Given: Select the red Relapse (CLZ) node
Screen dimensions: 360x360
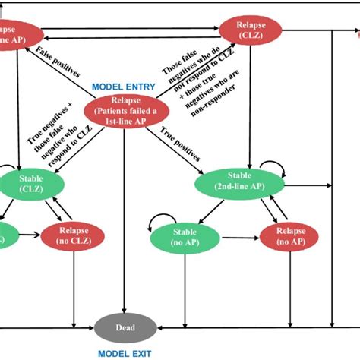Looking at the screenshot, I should [251, 30].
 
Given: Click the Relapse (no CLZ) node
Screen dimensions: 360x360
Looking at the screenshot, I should [74, 237].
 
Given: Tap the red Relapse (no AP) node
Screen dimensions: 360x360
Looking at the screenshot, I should [288, 237].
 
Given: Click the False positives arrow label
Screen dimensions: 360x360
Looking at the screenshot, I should [56, 62].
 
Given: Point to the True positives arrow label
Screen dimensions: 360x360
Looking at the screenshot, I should [181, 144].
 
